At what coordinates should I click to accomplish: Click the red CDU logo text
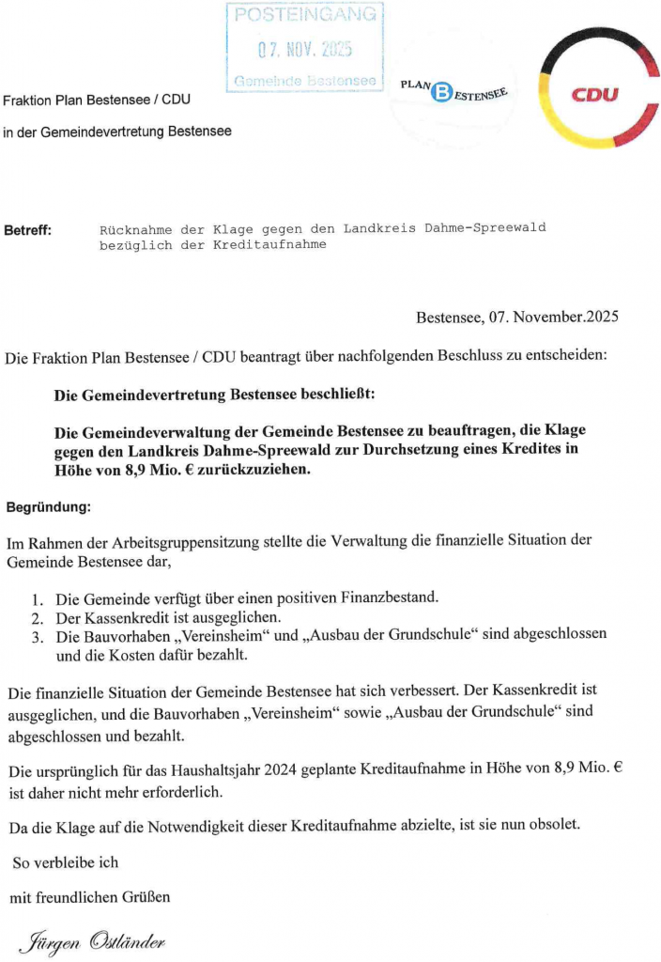click(x=596, y=95)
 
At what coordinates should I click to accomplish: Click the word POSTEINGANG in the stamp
click(x=306, y=15)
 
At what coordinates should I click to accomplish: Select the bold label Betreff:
click(x=29, y=229)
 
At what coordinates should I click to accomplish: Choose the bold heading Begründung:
click(x=49, y=507)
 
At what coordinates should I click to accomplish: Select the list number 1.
click(x=37, y=598)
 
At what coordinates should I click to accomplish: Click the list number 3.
click(x=37, y=636)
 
